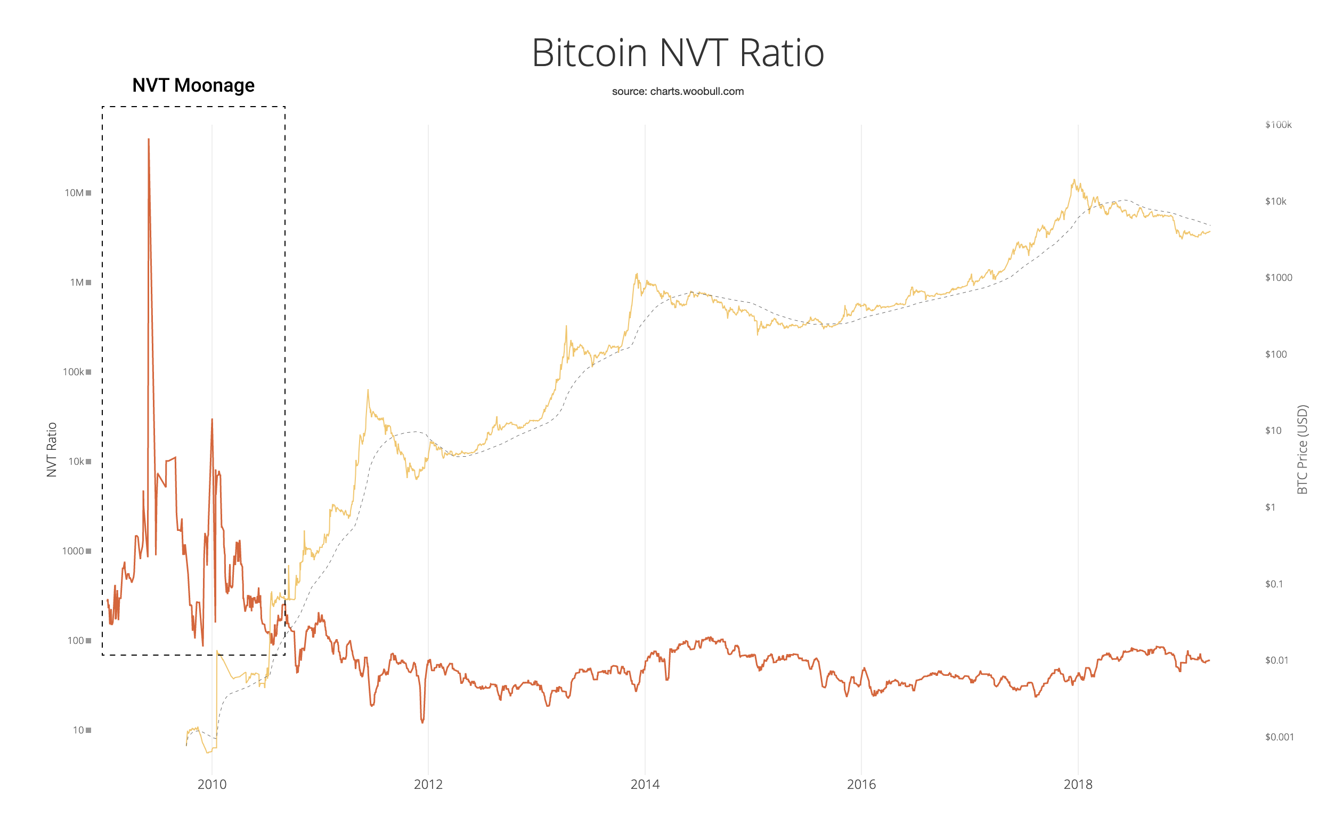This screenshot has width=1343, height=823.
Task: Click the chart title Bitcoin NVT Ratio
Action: (x=678, y=53)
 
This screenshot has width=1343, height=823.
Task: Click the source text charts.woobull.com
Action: (x=678, y=92)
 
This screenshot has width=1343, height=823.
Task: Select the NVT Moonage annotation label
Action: (x=193, y=86)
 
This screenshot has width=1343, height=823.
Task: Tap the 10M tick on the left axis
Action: (x=75, y=193)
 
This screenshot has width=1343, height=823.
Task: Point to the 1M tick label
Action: (x=77, y=283)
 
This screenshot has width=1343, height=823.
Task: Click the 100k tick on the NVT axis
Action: (x=74, y=372)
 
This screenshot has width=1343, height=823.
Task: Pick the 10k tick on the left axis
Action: (x=76, y=462)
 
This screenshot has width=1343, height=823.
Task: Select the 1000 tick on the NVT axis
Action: (x=73, y=551)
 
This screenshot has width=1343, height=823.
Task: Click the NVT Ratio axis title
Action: (x=52, y=450)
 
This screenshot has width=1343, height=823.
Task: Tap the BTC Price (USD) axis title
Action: (x=1302, y=449)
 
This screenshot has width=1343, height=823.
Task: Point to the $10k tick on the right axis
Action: (x=1275, y=202)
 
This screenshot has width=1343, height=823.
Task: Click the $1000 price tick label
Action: (x=1278, y=278)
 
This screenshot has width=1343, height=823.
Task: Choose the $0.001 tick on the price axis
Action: (x=1279, y=737)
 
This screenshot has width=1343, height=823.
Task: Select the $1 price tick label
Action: (x=1270, y=507)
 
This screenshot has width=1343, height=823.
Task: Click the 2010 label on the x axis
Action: (x=212, y=784)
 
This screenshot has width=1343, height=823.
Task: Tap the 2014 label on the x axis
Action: (x=645, y=784)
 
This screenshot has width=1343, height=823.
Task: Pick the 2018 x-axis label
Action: (x=1078, y=784)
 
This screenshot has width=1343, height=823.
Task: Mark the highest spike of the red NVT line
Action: (x=149, y=140)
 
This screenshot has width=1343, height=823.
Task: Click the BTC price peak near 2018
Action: (x=1074, y=181)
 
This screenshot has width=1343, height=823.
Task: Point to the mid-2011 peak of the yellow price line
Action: (x=368, y=391)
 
